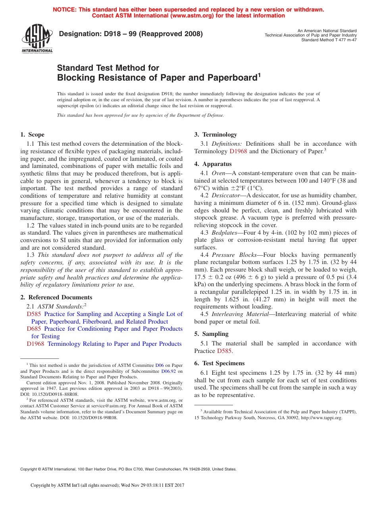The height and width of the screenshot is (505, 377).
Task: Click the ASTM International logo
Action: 37,39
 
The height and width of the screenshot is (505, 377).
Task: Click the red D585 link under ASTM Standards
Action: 34,314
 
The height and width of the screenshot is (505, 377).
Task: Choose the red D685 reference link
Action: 34,329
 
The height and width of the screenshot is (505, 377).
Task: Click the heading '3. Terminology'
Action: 215,135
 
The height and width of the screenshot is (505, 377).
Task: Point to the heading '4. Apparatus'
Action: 213,164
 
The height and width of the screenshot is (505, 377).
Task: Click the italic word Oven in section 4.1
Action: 219,173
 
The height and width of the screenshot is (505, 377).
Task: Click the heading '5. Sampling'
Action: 212,334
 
